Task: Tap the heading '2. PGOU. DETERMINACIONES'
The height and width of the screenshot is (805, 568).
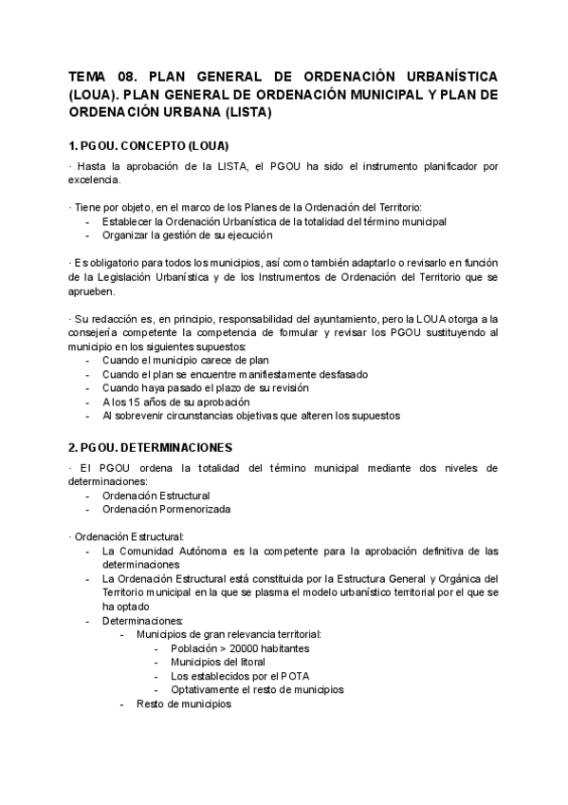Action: (150, 446)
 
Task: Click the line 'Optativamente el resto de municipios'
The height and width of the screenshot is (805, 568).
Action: (257, 689)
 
